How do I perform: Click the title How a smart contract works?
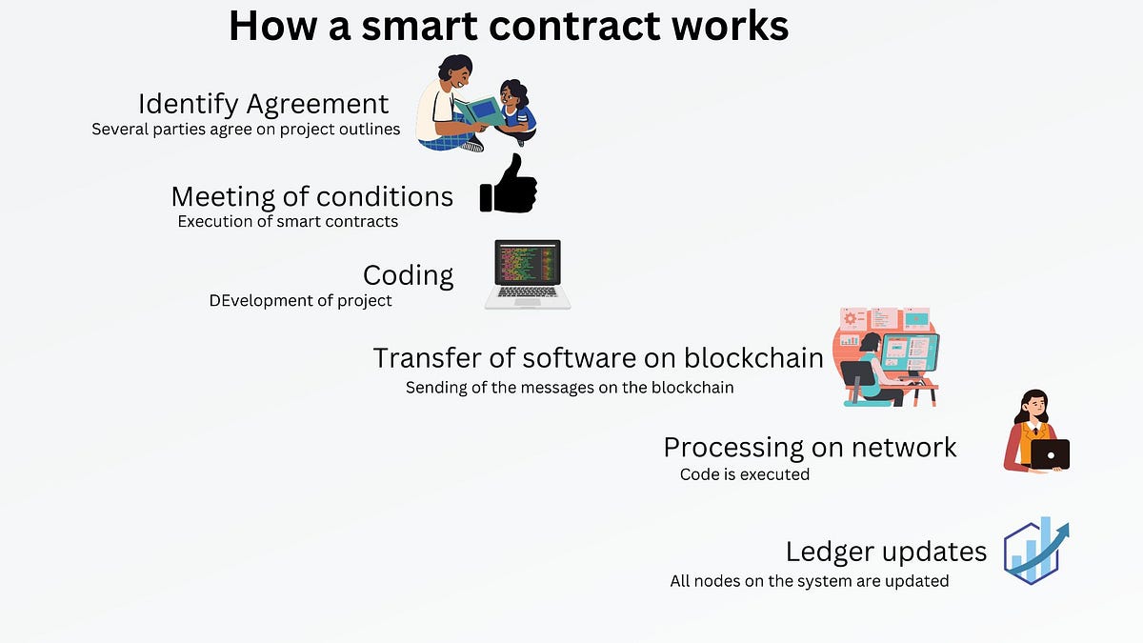[509, 26]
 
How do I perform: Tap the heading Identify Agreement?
[263, 103]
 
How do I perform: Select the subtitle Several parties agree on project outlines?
[246, 129]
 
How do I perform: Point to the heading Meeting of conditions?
[311, 196]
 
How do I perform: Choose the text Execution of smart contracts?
[288, 221]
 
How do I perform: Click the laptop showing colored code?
[528, 274]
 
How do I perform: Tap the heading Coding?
[408, 275]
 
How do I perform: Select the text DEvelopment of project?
[300, 300]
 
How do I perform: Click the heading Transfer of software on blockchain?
[597, 357]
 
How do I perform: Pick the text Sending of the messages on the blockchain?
[569, 388]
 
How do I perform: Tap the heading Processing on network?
[810, 447]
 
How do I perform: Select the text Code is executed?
[744, 473]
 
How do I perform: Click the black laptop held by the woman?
[1050, 454]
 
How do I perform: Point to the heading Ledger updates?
[886, 552]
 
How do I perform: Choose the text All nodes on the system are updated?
[809, 580]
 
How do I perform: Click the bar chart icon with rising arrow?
[1036, 552]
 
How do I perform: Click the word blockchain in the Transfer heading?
[753, 357]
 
